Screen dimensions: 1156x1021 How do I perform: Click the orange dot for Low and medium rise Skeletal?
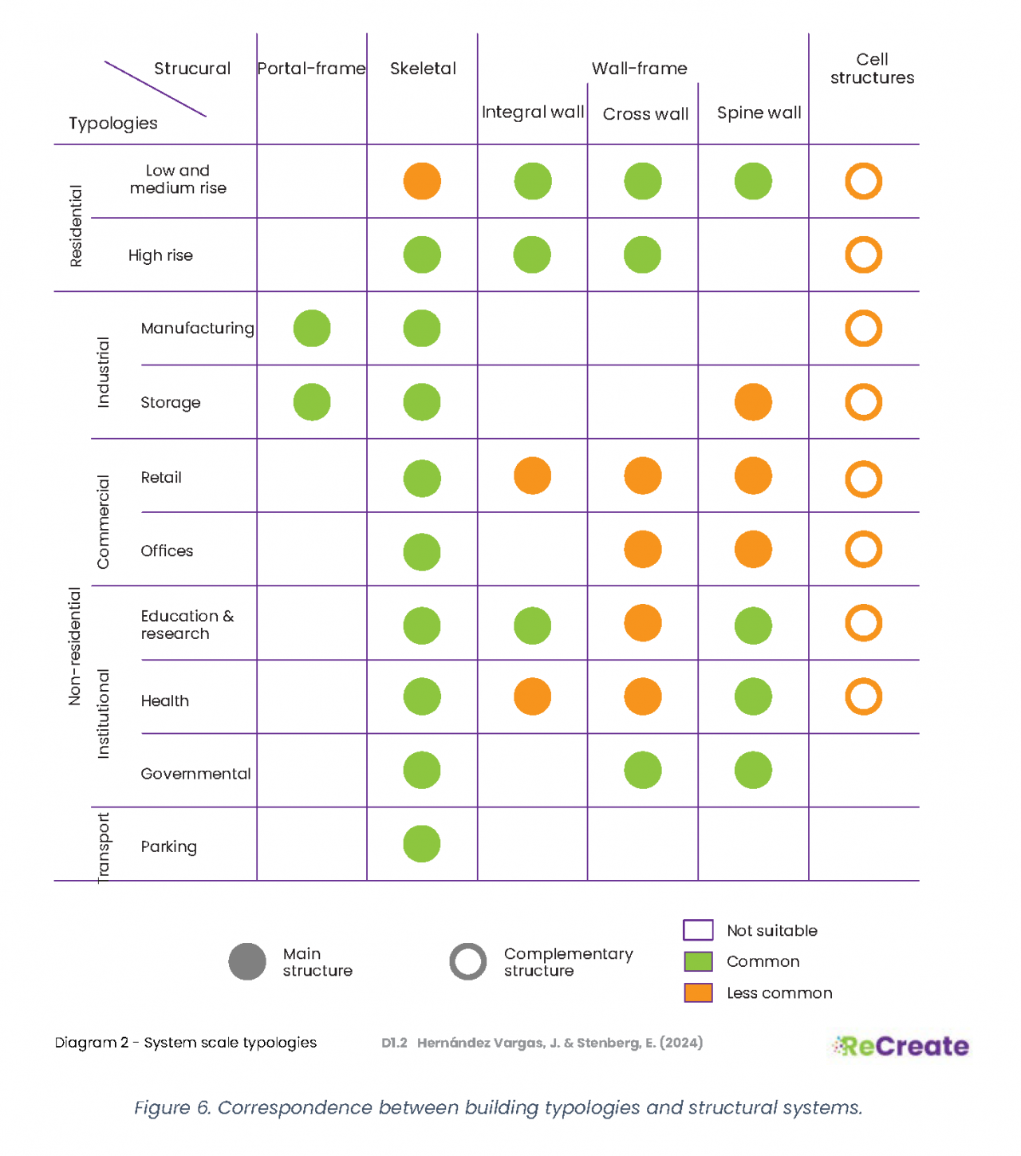422,181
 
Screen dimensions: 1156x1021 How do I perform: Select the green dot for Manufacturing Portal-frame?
312,329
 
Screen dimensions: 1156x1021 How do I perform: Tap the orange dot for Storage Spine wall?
753,402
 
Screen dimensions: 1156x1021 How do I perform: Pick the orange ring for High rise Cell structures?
863,255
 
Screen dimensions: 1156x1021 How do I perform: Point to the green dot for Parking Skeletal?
422,844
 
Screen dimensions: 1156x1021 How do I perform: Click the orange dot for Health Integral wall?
532,696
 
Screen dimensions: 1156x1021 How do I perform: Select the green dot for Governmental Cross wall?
643,771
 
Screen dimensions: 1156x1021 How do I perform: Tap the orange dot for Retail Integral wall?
532,476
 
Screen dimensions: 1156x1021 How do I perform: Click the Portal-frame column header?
311,69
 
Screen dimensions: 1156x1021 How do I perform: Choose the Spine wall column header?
759,113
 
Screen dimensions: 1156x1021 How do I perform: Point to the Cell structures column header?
872,69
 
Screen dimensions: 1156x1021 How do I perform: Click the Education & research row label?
187,625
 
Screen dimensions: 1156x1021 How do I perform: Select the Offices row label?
167,551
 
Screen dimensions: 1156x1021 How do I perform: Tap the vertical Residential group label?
76,226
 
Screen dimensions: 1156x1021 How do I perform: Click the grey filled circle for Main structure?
247,961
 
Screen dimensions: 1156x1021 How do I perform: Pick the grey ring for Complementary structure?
468,961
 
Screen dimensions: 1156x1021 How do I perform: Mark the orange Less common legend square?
698,992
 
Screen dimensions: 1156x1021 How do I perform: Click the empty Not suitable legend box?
698,930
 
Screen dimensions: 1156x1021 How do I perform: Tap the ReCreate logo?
901,1046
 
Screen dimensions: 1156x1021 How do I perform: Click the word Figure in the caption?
162,1108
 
